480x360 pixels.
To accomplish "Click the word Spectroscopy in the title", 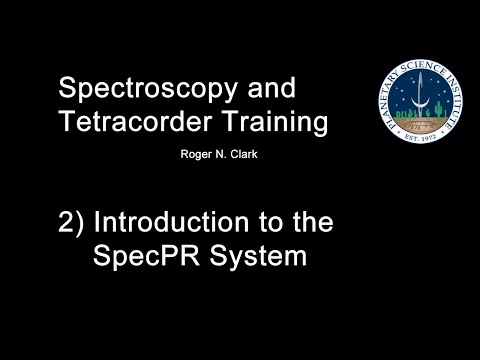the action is [148, 88].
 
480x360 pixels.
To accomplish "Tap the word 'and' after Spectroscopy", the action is [271, 87].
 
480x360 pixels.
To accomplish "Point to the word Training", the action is [276, 122].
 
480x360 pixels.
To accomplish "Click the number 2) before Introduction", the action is [71, 223].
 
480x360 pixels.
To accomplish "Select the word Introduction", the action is [171, 222].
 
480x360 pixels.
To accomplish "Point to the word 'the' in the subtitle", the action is [313, 222].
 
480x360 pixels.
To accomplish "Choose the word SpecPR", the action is [146, 256].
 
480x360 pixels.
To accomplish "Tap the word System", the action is [258, 256].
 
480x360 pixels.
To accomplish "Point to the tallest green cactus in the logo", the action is [439, 111].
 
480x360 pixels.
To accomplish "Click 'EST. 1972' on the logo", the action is [420, 137].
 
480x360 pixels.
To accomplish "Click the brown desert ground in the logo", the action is [420, 123].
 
